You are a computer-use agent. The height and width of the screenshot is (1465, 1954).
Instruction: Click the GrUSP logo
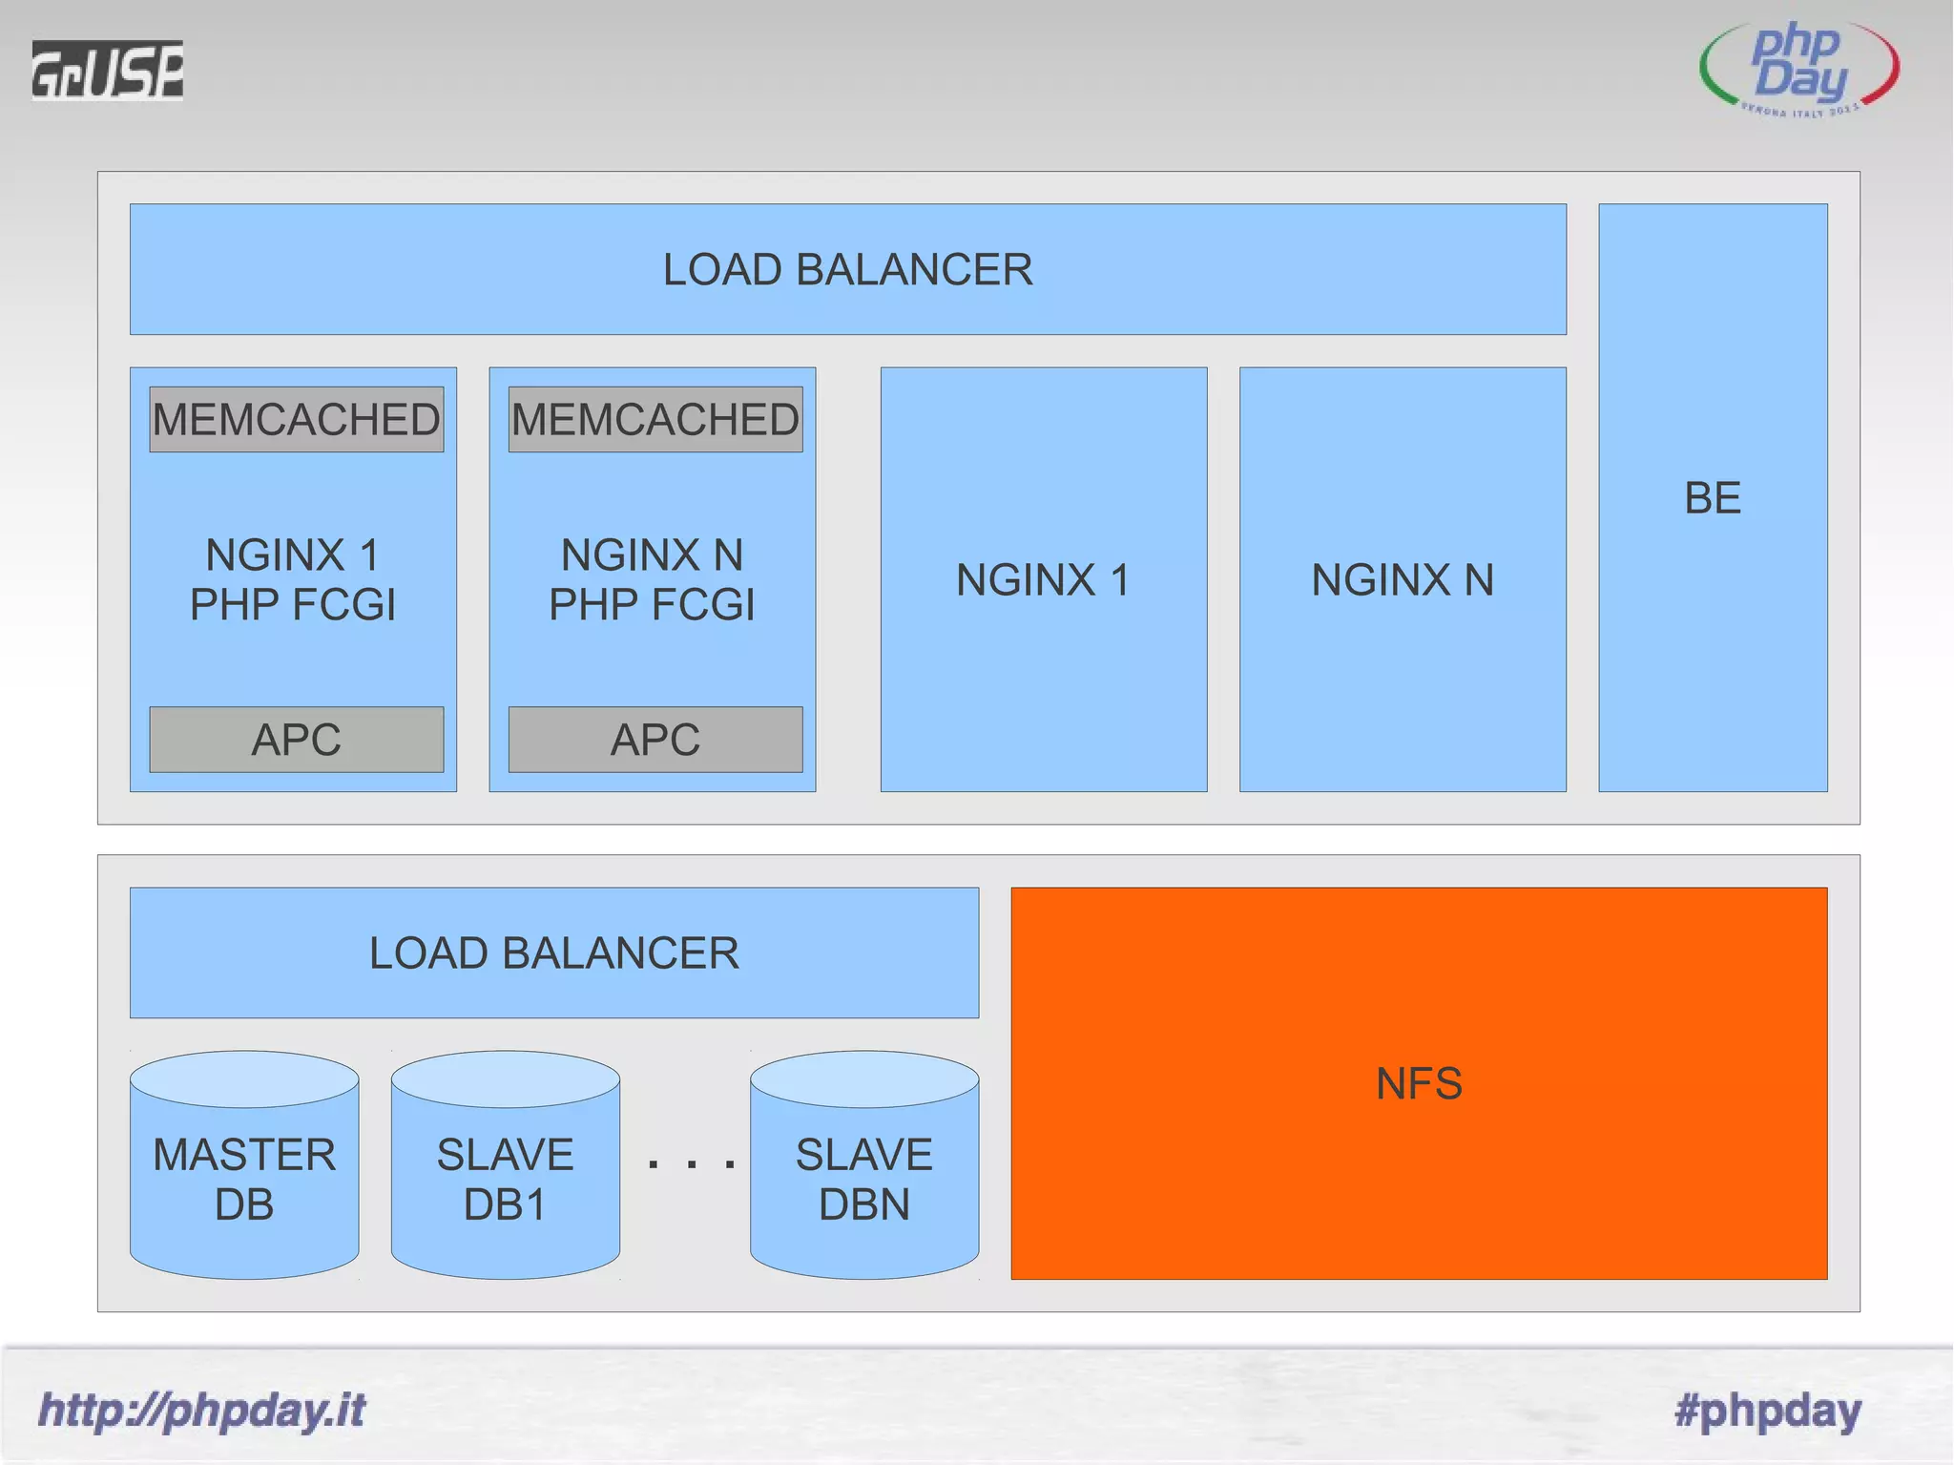(107, 70)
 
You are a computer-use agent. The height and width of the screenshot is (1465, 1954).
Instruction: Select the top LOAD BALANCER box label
(847, 269)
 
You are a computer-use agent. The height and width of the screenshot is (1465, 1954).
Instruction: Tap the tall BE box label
(1713, 497)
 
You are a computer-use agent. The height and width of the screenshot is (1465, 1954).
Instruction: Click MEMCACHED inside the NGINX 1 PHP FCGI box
(296, 420)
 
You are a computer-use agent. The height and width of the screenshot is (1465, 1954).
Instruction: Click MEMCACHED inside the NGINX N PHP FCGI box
(655, 420)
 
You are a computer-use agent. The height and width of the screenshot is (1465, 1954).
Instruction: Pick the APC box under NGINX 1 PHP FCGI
(296, 740)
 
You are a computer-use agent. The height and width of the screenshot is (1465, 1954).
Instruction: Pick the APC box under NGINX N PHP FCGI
(655, 740)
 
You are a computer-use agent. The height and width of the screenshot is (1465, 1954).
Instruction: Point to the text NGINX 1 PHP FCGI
(293, 579)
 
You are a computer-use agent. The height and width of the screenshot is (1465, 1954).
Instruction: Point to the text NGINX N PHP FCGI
(652, 579)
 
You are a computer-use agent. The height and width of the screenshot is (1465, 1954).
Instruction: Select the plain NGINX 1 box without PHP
(1043, 579)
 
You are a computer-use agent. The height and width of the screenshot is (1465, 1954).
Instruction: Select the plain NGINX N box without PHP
(1403, 579)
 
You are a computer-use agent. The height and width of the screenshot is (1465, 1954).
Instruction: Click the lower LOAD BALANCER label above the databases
(553, 952)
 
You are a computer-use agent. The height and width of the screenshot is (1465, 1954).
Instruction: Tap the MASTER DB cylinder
(244, 1179)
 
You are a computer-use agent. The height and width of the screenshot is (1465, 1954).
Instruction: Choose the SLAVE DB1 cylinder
(505, 1179)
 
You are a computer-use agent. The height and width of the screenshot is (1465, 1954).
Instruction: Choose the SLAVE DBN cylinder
(863, 1179)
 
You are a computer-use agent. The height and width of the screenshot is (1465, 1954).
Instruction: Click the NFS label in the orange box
(1419, 1083)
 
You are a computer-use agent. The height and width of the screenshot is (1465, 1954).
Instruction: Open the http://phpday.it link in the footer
(201, 1410)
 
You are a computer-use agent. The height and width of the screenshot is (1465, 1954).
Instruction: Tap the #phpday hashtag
(1767, 1410)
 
